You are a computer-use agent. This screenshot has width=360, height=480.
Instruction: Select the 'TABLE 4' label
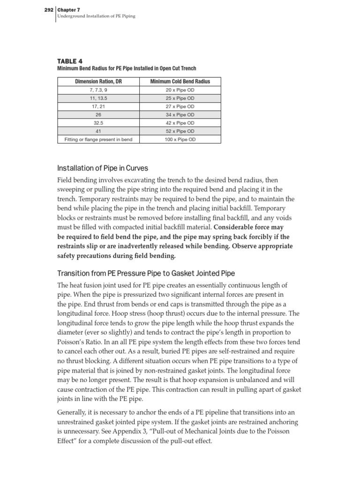(x=69, y=61)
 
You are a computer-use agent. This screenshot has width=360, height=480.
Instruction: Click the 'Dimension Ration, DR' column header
(x=98, y=82)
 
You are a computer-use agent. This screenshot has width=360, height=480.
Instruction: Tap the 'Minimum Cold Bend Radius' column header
(x=180, y=82)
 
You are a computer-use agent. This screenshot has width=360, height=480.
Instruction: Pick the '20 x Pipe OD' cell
(x=180, y=90)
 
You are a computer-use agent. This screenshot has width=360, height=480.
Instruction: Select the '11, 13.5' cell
(x=98, y=98)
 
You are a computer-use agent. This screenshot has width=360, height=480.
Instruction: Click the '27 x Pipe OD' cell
(x=180, y=106)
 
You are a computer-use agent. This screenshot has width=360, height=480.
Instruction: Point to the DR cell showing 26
(x=98, y=115)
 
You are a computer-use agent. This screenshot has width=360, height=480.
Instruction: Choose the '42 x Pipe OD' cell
(x=180, y=123)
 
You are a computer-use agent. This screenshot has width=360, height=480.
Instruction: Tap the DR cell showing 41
(x=98, y=131)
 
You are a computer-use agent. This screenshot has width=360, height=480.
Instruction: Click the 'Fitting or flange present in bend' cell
(x=98, y=140)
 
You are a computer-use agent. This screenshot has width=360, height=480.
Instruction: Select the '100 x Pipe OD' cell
(x=180, y=140)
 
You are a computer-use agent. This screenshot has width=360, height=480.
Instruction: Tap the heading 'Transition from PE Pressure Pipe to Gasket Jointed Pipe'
(x=146, y=273)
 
